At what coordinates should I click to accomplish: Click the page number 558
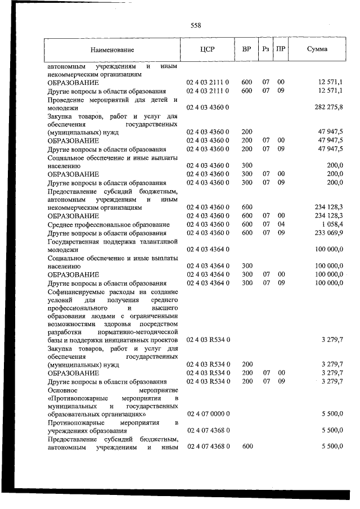[x=196, y=25]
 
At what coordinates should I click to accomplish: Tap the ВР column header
[x=246, y=49]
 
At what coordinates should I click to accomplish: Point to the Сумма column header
[x=317, y=49]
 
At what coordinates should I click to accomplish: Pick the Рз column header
[x=265, y=49]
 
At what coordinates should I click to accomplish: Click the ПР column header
[x=281, y=49]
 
